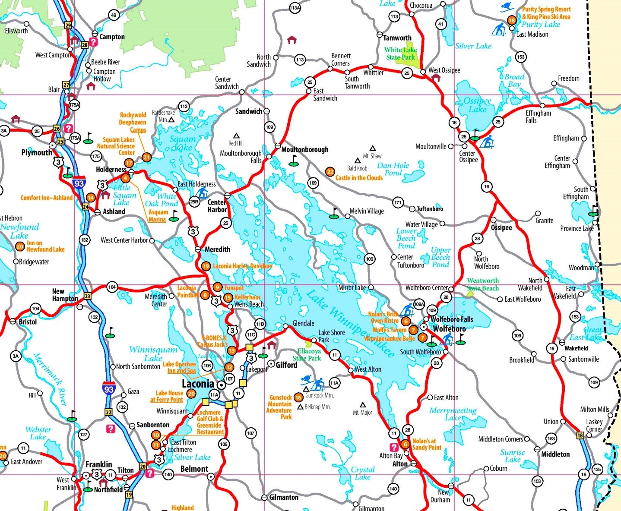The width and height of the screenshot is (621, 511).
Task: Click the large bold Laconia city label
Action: pos(198,384)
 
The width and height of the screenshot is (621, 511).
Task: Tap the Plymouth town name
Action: pos(37,152)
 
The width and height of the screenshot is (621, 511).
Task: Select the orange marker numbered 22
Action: pos(330,172)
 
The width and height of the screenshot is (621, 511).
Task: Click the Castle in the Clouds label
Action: pos(359,178)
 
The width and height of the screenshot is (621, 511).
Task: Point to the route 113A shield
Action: pos(295,8)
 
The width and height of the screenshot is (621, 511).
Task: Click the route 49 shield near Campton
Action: pos(114,15)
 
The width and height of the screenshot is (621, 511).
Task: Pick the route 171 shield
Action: pos(398,202)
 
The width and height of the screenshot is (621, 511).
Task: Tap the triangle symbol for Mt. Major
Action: pos(363,405)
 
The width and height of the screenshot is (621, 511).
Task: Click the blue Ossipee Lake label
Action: pos(477,105)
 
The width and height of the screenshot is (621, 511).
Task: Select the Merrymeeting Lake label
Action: pos(453,414)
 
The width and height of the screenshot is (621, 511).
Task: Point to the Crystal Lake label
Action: pos(363,473)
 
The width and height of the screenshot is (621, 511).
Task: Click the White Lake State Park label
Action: pos(400,54)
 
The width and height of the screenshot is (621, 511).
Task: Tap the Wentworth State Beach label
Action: pos(483,284)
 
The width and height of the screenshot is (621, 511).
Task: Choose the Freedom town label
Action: pos(568,78)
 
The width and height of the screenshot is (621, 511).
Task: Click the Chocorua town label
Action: pos(421,5)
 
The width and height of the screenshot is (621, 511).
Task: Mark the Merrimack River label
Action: pos(51,379)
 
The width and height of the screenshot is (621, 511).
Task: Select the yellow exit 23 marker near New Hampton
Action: pos(88,296)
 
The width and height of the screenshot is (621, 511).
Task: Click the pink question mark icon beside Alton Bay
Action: pos(394,447)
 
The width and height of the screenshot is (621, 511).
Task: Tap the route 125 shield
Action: pos(597,469)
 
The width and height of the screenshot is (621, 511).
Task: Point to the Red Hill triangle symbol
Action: pos(236,136)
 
